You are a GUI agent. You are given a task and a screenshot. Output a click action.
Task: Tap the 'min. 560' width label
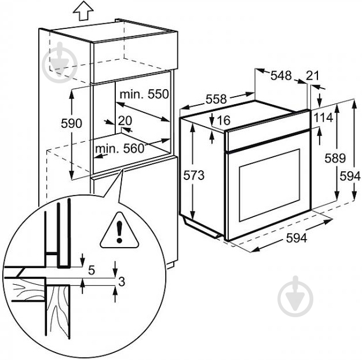pyautogui.click(x=119, y=148)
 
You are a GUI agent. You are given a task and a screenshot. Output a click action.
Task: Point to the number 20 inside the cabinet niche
pyautogui.click(x=125, y=121)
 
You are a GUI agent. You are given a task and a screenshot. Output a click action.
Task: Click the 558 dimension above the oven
pyautogui.click(x=216, y=100)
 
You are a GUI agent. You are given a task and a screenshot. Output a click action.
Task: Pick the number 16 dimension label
pyautogui.click(x=224, y=120)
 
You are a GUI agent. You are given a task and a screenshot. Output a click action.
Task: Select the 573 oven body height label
pyautogui.click(x=194, y=175)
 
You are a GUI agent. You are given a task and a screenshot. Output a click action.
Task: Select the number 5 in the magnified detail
pyautogui.click(x=92, y=270)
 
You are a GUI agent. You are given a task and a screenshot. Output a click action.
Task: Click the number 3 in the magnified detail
pyautogui.click(x=122, y=282)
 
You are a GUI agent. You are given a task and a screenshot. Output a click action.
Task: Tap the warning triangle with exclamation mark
pyautogui.click(x=118, y=231)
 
